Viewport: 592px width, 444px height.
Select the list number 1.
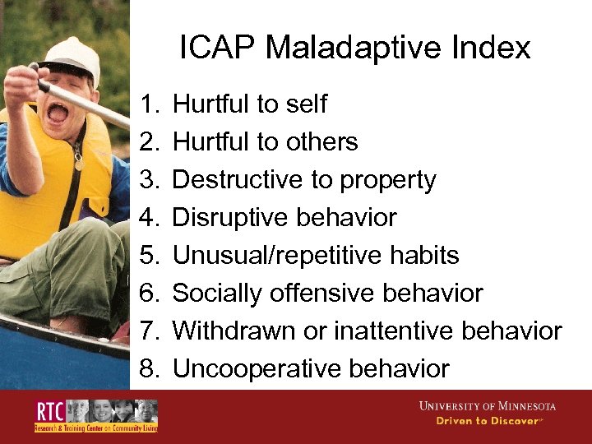click(148, 104)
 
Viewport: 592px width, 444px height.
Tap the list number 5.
click(148, 256)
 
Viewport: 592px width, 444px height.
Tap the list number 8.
click(148, 369)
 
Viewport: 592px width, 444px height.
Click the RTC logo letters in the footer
click(48, 412)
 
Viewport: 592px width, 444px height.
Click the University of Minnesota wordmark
click(487, 406)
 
